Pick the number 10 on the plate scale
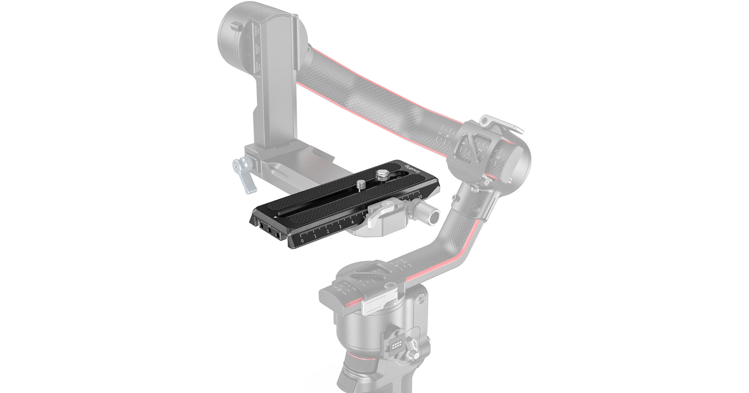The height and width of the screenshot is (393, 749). point(420,197)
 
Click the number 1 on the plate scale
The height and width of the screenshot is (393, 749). point(315,236)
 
